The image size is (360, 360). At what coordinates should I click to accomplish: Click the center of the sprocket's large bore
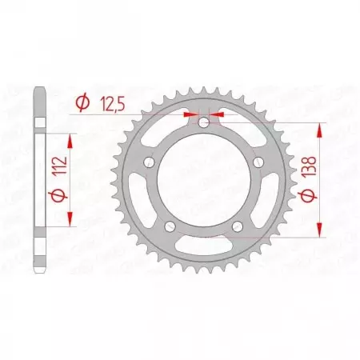coord(203,182)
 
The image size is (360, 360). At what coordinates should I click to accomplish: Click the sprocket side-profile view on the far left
coord(40,181)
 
